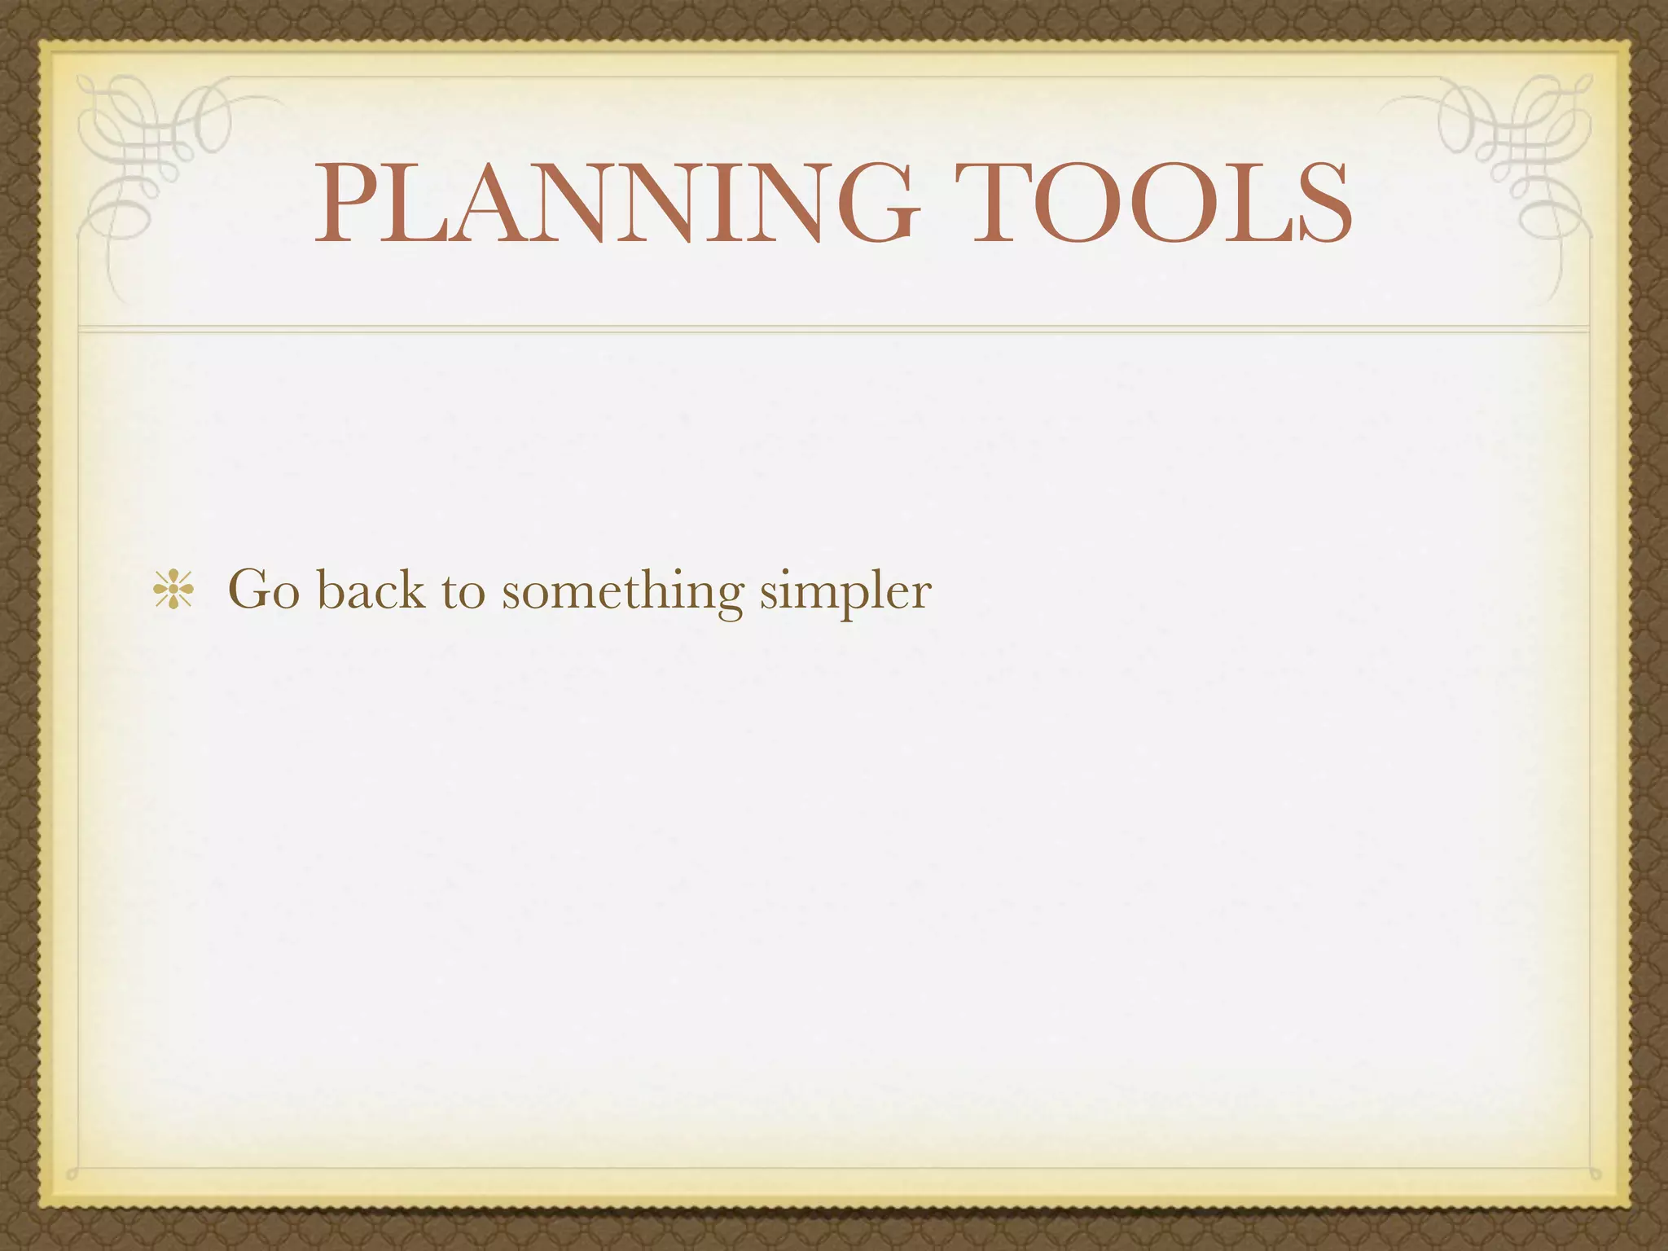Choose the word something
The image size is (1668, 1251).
(x=622, y=590)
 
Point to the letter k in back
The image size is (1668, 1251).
(x=410, y=587)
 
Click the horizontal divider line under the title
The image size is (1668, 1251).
(x=833, y=328)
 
